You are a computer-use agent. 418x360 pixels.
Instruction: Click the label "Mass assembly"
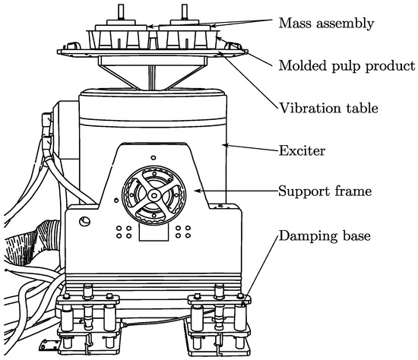click(x=326, y=24)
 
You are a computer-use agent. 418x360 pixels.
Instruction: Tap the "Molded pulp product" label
click(x=347, y=65)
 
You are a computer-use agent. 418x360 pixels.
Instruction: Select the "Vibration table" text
click(x=328, y=108)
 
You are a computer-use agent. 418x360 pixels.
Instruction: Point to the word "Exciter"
click(x=302, y=151)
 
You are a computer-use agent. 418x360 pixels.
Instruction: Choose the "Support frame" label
click(x=325, y=191)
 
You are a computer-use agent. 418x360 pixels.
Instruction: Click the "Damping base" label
click(x=325, y=235)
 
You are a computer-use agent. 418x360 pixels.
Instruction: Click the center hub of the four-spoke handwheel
click(x=154, y=196)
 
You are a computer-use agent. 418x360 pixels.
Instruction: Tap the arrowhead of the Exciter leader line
click(x=225, y=145)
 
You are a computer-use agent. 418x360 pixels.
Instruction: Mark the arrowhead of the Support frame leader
click(x=197, y=191)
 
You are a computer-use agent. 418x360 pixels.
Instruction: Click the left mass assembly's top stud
click(x=121, y=11)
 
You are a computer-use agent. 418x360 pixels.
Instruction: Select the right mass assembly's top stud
click(x=185, y=11)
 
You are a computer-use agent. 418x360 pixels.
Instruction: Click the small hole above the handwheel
click(x=154, y=158)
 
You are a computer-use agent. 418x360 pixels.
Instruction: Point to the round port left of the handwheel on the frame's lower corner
click(x=85, y=221)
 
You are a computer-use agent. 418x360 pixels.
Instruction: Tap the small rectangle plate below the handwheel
click(x=154, y=232)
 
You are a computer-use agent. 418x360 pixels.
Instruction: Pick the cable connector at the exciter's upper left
click(x=47, y=128)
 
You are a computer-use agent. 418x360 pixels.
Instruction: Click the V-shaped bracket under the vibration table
click(x=152, y=74)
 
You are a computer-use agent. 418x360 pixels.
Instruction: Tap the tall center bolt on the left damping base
click(x=88, y=306)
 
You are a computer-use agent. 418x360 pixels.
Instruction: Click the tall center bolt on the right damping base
click(x=219, y=306)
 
